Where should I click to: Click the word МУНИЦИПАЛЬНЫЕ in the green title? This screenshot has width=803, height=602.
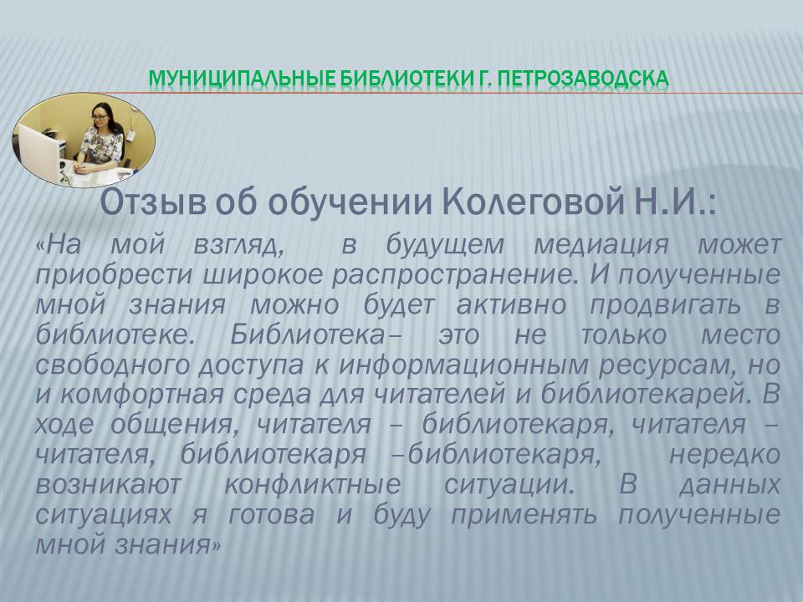(x=241, y=79)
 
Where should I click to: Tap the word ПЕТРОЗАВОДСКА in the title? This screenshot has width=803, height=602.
(x=583, y=79)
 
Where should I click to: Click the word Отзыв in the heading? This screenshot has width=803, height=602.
(x=152, y=203)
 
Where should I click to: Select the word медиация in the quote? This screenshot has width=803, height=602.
(x=601, y=245)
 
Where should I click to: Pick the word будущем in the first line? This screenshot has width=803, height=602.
(x=445, y=246)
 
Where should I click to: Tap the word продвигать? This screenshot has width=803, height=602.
(x=666, y=305)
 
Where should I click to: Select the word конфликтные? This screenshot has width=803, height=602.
(x=312, y=484)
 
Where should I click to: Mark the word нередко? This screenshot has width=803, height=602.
(x=724, y=455)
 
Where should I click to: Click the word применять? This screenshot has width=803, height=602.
(x=524, y=514)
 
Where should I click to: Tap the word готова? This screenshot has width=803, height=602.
(x=271, y=514)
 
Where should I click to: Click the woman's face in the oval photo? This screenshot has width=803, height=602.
(x=100, y=115)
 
